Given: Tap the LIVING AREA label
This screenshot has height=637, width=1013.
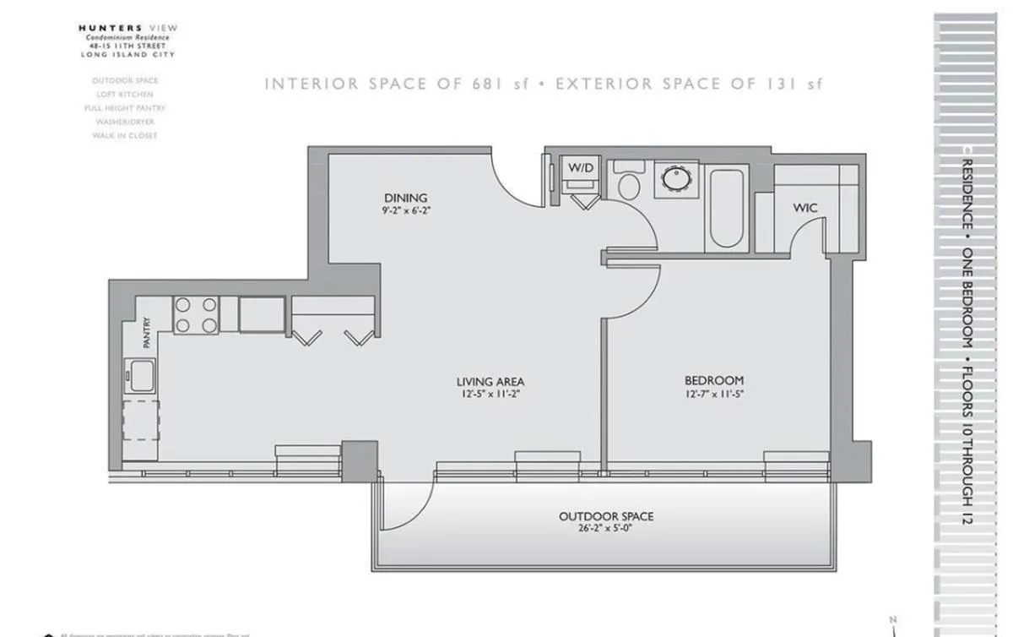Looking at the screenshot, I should [x=490, y=382].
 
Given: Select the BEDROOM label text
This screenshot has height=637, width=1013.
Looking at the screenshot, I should [x=714, y=381].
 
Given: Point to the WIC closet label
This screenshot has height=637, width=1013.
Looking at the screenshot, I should [x=804, y=208].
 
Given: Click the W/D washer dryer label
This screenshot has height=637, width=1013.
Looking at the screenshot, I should [x=579, y=168].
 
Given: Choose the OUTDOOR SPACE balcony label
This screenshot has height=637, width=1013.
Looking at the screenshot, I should [x=606, y=516].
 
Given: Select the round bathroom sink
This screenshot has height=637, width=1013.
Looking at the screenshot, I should [x=675, y=179].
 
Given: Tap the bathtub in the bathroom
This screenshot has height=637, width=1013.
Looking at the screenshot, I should [x=726, y=208].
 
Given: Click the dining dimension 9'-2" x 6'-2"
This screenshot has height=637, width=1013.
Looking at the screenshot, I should [x=410, y=210].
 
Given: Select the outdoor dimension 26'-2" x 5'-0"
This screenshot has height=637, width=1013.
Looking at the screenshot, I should [x=606, y=529].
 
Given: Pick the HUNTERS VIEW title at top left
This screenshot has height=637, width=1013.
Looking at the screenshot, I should [x=128, y=28].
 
